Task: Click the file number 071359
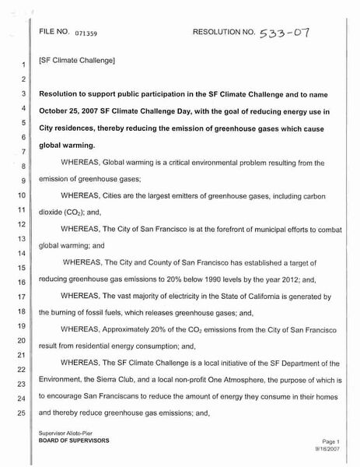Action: (x=87, y=36)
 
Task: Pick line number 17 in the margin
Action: (x=23, y=297)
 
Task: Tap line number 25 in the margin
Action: (x=23, y=410)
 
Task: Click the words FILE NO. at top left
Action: (x=54, y=34)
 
